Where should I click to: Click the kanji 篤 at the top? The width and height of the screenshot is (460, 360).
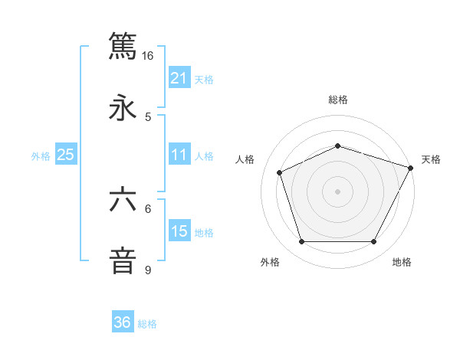tap(123, 46)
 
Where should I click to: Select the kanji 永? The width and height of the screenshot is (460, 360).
tap(123, 108)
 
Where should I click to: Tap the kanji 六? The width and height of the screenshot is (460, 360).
tap(123, 200)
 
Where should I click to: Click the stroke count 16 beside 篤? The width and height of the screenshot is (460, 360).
tap(148, 56)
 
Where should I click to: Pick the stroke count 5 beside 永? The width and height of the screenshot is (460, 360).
tap(148, 117)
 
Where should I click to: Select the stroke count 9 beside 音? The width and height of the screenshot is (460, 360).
tap(148, 270)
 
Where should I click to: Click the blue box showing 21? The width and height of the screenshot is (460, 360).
tap(179, 78)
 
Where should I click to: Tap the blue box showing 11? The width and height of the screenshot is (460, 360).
tap(179, 155)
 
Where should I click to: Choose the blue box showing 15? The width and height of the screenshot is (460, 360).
tap(179, 231)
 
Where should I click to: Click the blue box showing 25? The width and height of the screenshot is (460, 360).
tap(66, 155)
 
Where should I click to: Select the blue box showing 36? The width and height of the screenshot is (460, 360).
tap(123, 322)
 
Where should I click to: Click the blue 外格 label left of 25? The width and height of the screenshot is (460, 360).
tap(41, 155)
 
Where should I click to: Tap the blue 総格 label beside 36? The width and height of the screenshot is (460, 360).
tap(147, 324)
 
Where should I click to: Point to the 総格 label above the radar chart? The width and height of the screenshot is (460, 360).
tap(337, 100)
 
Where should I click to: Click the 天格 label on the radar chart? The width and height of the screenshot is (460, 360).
tap(431, 159)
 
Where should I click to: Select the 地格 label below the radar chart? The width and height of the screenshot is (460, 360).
tap(402, 262)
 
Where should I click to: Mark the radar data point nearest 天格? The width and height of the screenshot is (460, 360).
tap(411, 168)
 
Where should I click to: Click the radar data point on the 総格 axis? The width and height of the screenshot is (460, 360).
tap(337, 145)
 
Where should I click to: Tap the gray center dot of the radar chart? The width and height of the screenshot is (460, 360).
tap(337, 191)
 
